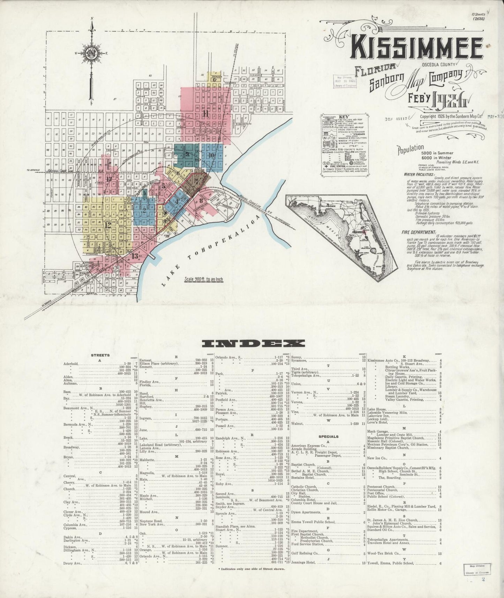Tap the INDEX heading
253,343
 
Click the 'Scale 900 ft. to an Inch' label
204,279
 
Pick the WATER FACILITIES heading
419,174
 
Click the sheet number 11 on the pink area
206,114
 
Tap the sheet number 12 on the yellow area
108,225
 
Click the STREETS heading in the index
100,355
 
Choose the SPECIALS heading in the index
328,436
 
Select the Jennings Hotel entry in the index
303,563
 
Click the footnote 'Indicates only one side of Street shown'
251,569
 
